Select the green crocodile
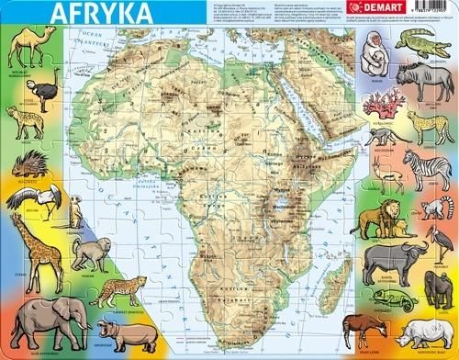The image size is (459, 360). [424, 44]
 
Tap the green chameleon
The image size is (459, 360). [385, 301]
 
